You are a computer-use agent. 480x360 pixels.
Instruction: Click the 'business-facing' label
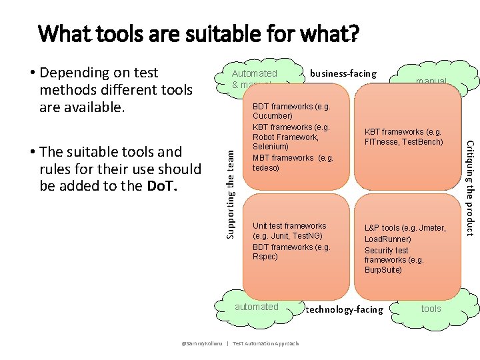tap(343, 73)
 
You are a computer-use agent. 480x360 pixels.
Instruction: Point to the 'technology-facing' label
tap(344, 309)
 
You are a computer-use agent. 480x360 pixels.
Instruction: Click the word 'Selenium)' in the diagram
tap(271, 146)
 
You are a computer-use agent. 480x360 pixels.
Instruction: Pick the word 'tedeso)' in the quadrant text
tap(267, 167)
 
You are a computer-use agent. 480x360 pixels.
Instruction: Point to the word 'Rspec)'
tap(265, 257)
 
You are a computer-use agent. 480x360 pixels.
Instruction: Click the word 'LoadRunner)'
tap(388, 239)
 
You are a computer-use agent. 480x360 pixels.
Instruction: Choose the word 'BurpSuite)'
tap(383, 270)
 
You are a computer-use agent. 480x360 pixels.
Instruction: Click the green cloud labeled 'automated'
tap(257, 307)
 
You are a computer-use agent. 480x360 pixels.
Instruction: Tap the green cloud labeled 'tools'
tap(431, 309)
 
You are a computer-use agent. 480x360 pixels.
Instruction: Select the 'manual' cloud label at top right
tap(431, 81)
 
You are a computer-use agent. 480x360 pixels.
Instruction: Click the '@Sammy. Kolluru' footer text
tap(201, 343)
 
